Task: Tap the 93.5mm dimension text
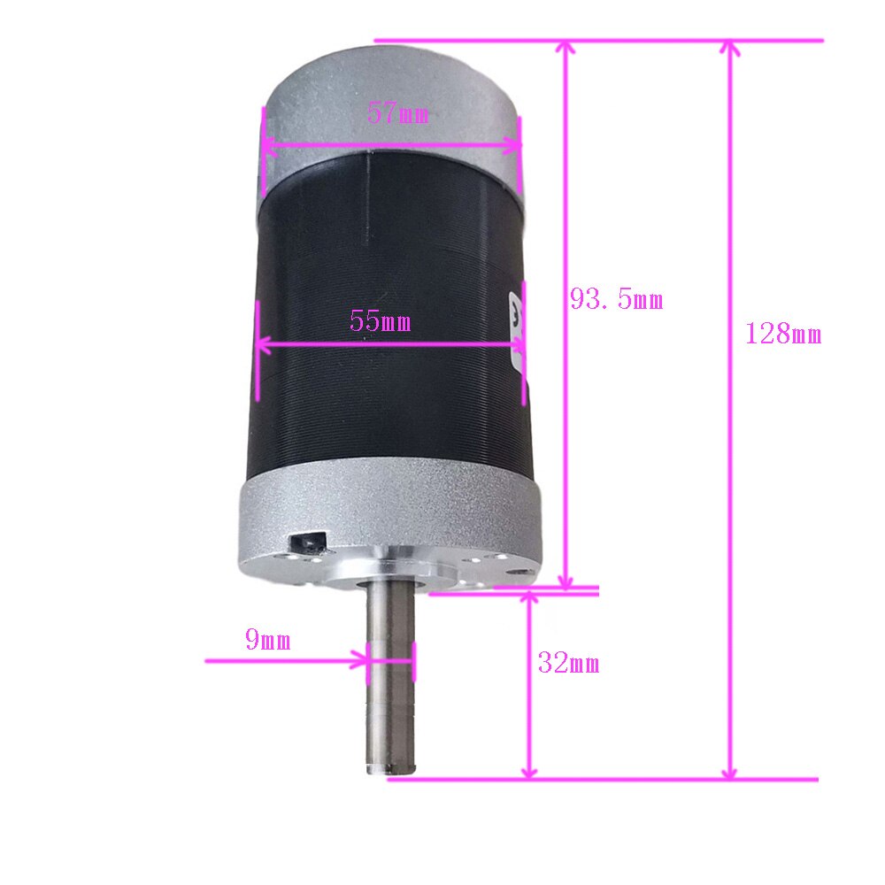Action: [x=616, y=300]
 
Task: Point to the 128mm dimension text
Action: [x=783, y=335]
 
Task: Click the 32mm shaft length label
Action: [x=568, y=663]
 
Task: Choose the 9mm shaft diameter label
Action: [x=267, y=640]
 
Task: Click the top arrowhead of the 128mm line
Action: [x=730, y=48]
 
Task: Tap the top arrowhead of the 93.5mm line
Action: [x=567, y=48]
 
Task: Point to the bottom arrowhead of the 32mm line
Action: [x=529, y=772]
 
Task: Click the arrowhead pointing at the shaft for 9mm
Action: [x=361, y=660]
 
